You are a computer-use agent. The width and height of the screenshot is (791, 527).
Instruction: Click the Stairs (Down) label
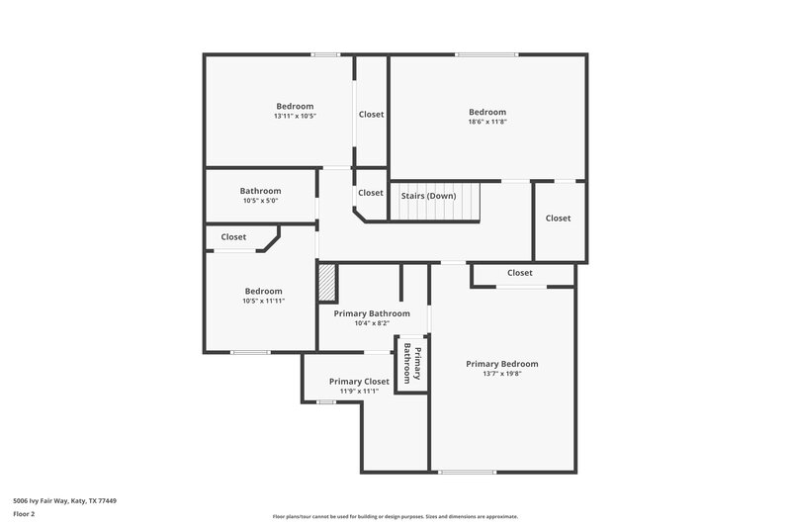pyautogui.click(x=428, y=196)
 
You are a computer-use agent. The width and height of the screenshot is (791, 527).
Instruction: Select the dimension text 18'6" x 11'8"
pyautogui.click(x=487, y=123)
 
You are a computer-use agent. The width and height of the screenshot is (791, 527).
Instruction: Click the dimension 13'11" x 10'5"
pyautogui.click(x=295, y=117)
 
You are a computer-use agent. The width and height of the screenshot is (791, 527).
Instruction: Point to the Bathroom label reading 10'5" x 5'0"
pyautogui.click(x=261, y=201)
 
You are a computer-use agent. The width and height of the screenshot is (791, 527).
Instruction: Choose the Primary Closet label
pyautogui.click(x=359, y=381)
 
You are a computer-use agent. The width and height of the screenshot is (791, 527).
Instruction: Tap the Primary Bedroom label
pyautogui.click(x=502, y=364)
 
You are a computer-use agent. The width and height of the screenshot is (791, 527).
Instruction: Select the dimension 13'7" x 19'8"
pyautogui.click(x=502, y=374)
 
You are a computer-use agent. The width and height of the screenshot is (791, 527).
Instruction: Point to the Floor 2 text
pyautogui.click(x=24, y=514)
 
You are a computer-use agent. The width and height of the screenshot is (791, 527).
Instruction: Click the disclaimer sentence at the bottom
pyautogui.click(x=395, y=516)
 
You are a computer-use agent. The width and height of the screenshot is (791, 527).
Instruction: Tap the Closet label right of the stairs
pyautogui.click(x=558, y=219)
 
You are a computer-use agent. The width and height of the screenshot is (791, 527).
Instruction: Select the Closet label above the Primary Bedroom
pyautogui.click(x=520, y=273)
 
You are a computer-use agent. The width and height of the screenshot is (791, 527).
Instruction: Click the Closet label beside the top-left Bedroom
pyautogui.click(x=371, y=115)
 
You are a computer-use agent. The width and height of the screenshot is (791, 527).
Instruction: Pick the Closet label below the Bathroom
pyautogui.click(x=234, y=237)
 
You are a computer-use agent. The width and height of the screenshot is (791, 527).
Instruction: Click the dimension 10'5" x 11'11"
pyautogui.click(x=264, y=301)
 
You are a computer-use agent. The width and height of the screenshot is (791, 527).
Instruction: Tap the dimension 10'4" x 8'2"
pyautogui.click(x=372, y=322)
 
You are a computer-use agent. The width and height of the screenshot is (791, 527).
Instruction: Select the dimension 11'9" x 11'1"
pyautogui.click(x=359, y=391)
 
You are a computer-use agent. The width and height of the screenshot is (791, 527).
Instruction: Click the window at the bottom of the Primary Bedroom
pyautogui.click(x=467, y=472)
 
